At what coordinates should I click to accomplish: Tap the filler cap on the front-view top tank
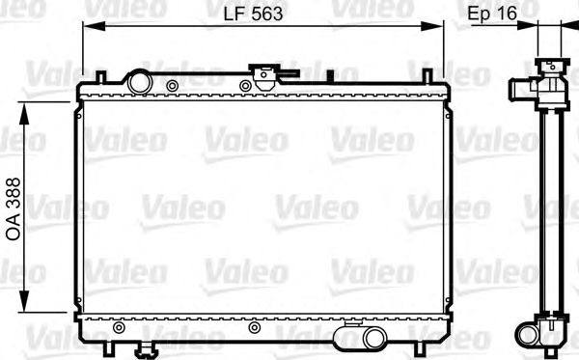[263, 73]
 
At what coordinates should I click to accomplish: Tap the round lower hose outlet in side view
[528, 334]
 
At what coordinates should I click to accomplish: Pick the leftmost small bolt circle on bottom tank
[119, 328]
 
